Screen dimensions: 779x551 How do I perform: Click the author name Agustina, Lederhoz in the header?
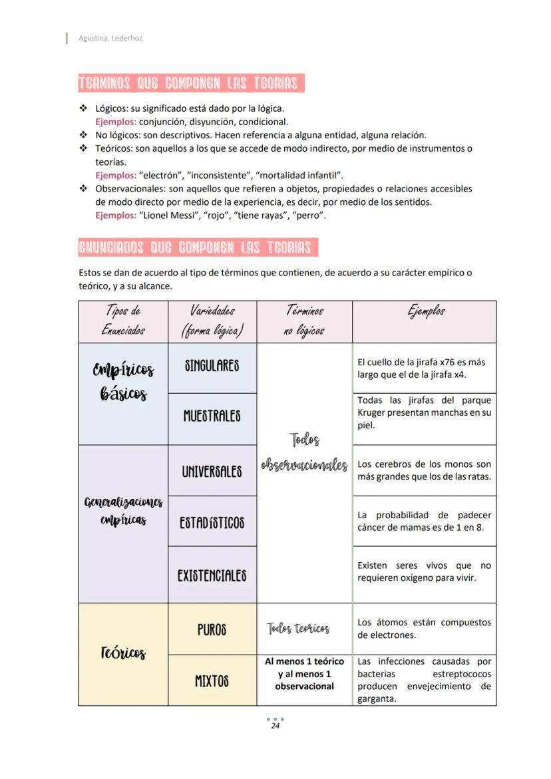tap(110, 38)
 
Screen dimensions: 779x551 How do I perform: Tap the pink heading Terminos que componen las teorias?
tap(190, 83)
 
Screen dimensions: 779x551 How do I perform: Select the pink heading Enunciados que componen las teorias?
tap(197, 247)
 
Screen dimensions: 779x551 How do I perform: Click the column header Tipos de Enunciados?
tap(123, 321)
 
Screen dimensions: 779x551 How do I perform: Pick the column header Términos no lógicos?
tap(304, 321)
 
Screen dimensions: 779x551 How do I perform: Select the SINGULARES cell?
tap(212, 366)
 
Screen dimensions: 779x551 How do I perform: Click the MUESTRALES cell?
tap(212, 416)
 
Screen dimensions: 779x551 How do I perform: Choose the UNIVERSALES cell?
tap(212, 472)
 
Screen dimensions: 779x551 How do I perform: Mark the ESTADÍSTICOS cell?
tap(212, 523)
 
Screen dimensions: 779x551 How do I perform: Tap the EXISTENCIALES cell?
tap(212, 575)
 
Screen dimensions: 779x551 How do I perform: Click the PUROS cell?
tap(212, 629)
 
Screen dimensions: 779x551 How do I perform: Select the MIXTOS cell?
tap(212, 681)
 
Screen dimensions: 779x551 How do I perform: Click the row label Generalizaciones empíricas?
tap(123, 510)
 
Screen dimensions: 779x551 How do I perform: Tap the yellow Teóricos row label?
tap(123, 653)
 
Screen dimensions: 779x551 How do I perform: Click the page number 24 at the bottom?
tap(275, 726)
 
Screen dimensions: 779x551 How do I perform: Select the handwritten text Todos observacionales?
tap(304, 453)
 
